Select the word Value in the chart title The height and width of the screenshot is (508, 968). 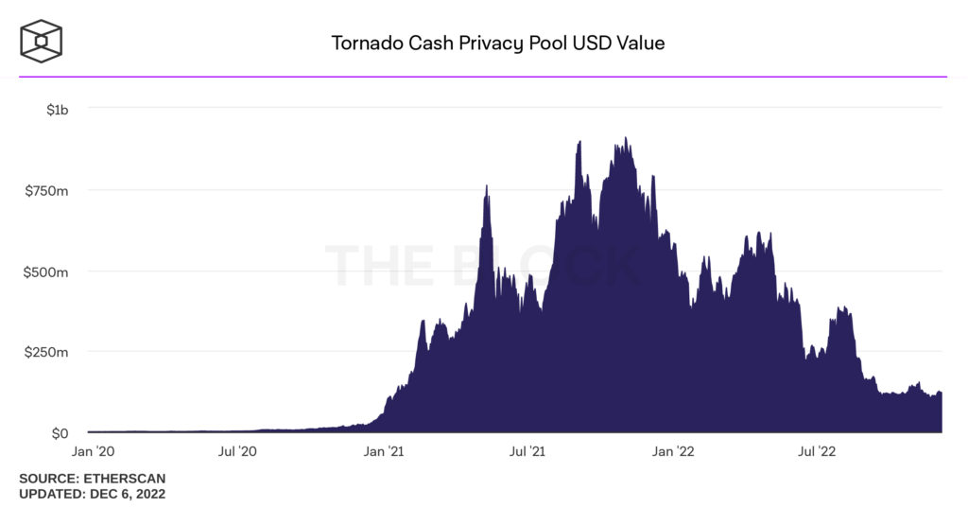641,44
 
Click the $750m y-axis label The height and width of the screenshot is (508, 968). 46,190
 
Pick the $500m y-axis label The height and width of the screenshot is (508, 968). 46,272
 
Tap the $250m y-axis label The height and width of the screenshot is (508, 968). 46,352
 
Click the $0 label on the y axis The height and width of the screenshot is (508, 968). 59,433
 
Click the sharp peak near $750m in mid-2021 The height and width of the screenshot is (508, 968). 486,186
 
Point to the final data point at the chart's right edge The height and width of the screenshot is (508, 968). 941,394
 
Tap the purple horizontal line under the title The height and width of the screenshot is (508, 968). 483,77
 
